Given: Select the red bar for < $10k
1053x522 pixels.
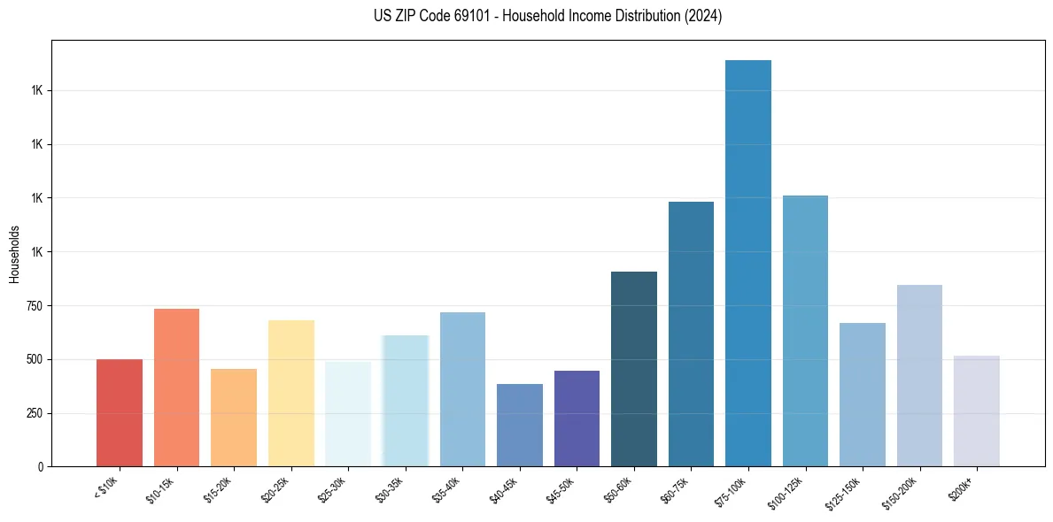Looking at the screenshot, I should point(120,412).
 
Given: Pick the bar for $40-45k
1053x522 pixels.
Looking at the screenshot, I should point(520,425).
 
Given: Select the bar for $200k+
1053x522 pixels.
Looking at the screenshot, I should point(977,411).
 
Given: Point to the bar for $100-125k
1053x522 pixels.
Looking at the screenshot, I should point(805,331).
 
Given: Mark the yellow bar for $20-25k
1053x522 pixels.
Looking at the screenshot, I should point(290,393).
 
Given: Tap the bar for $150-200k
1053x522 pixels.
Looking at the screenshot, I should point(919,375).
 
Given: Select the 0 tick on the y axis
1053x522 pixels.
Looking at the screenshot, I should point(40,466).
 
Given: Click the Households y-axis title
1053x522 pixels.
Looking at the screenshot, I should point(14,255).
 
